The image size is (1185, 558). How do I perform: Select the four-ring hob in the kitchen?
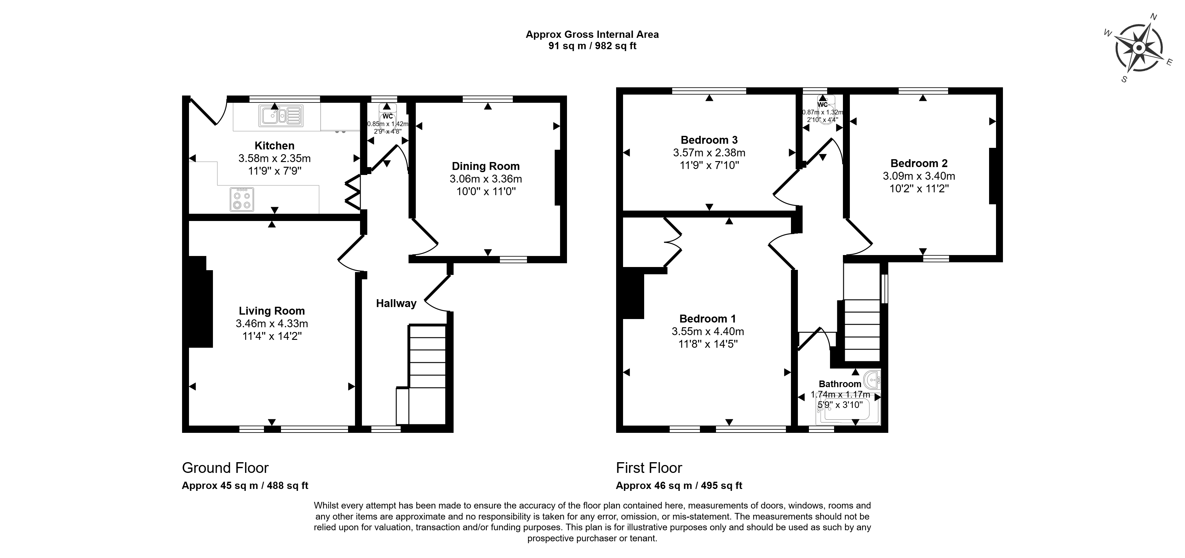(242, 199)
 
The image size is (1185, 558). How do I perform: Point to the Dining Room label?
(485, 166)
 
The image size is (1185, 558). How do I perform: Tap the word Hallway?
(396, 303)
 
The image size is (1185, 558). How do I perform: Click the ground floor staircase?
(427, 373)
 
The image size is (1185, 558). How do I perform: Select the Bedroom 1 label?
(707, 319)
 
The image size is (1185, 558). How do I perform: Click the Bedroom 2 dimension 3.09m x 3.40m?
(919, 176)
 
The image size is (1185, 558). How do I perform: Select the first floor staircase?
(862, 329)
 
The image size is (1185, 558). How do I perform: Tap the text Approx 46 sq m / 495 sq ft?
(679, 485)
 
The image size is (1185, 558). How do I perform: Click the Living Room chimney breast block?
(200, 302)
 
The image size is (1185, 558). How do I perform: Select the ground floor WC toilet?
(387, 110)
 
